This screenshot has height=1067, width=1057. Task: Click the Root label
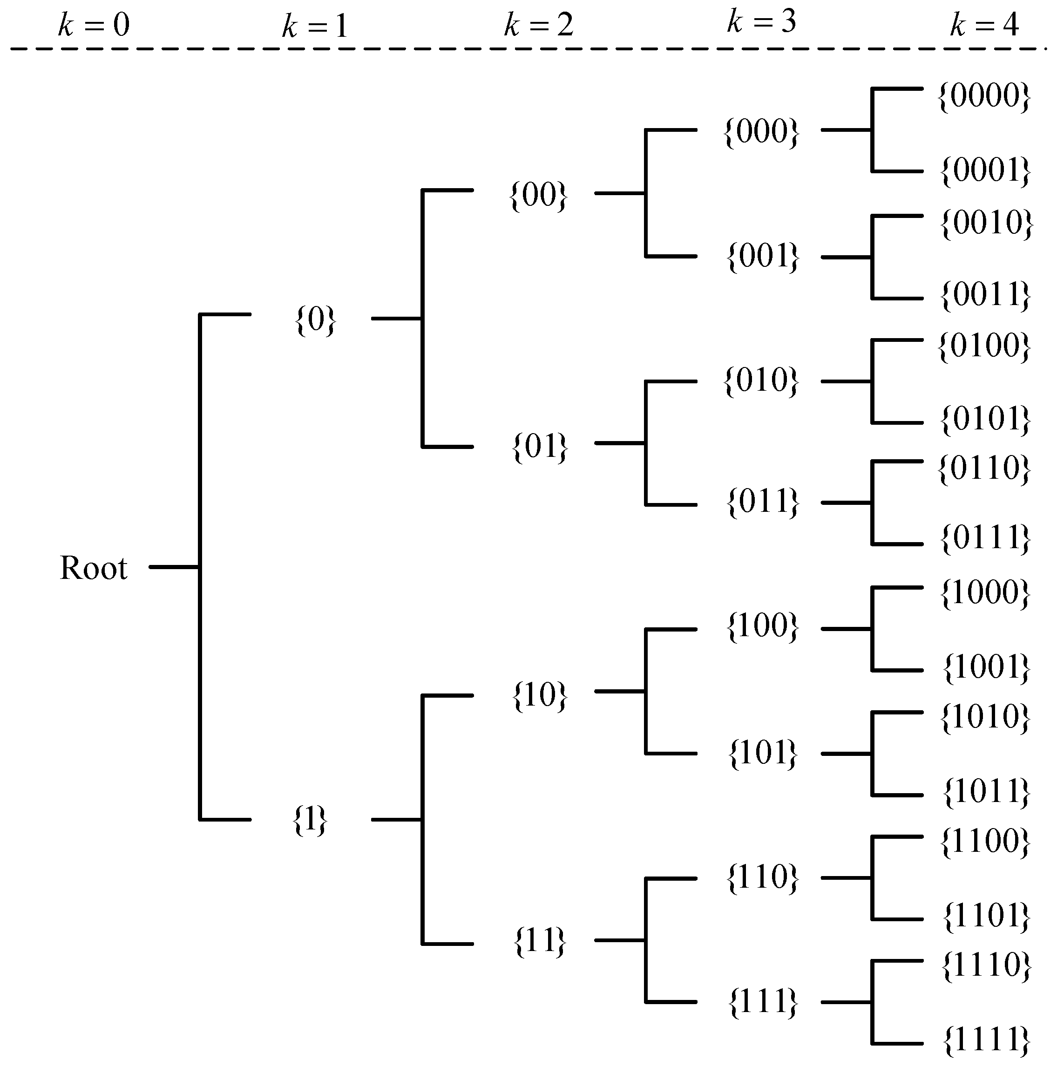click(x=93, y=568)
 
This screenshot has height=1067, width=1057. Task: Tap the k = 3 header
click(x=761, y=22)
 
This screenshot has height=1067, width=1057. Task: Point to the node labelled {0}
click(x=315, y=320)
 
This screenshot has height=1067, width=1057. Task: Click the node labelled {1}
click(x=310, y=820)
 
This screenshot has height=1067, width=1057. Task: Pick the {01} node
click(x=540, y=446)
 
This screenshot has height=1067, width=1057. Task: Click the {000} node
click(x=761, y=132)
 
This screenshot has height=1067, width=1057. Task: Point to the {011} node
click(x=763, y=502)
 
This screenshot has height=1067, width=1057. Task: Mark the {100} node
click(x=763, y=626)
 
